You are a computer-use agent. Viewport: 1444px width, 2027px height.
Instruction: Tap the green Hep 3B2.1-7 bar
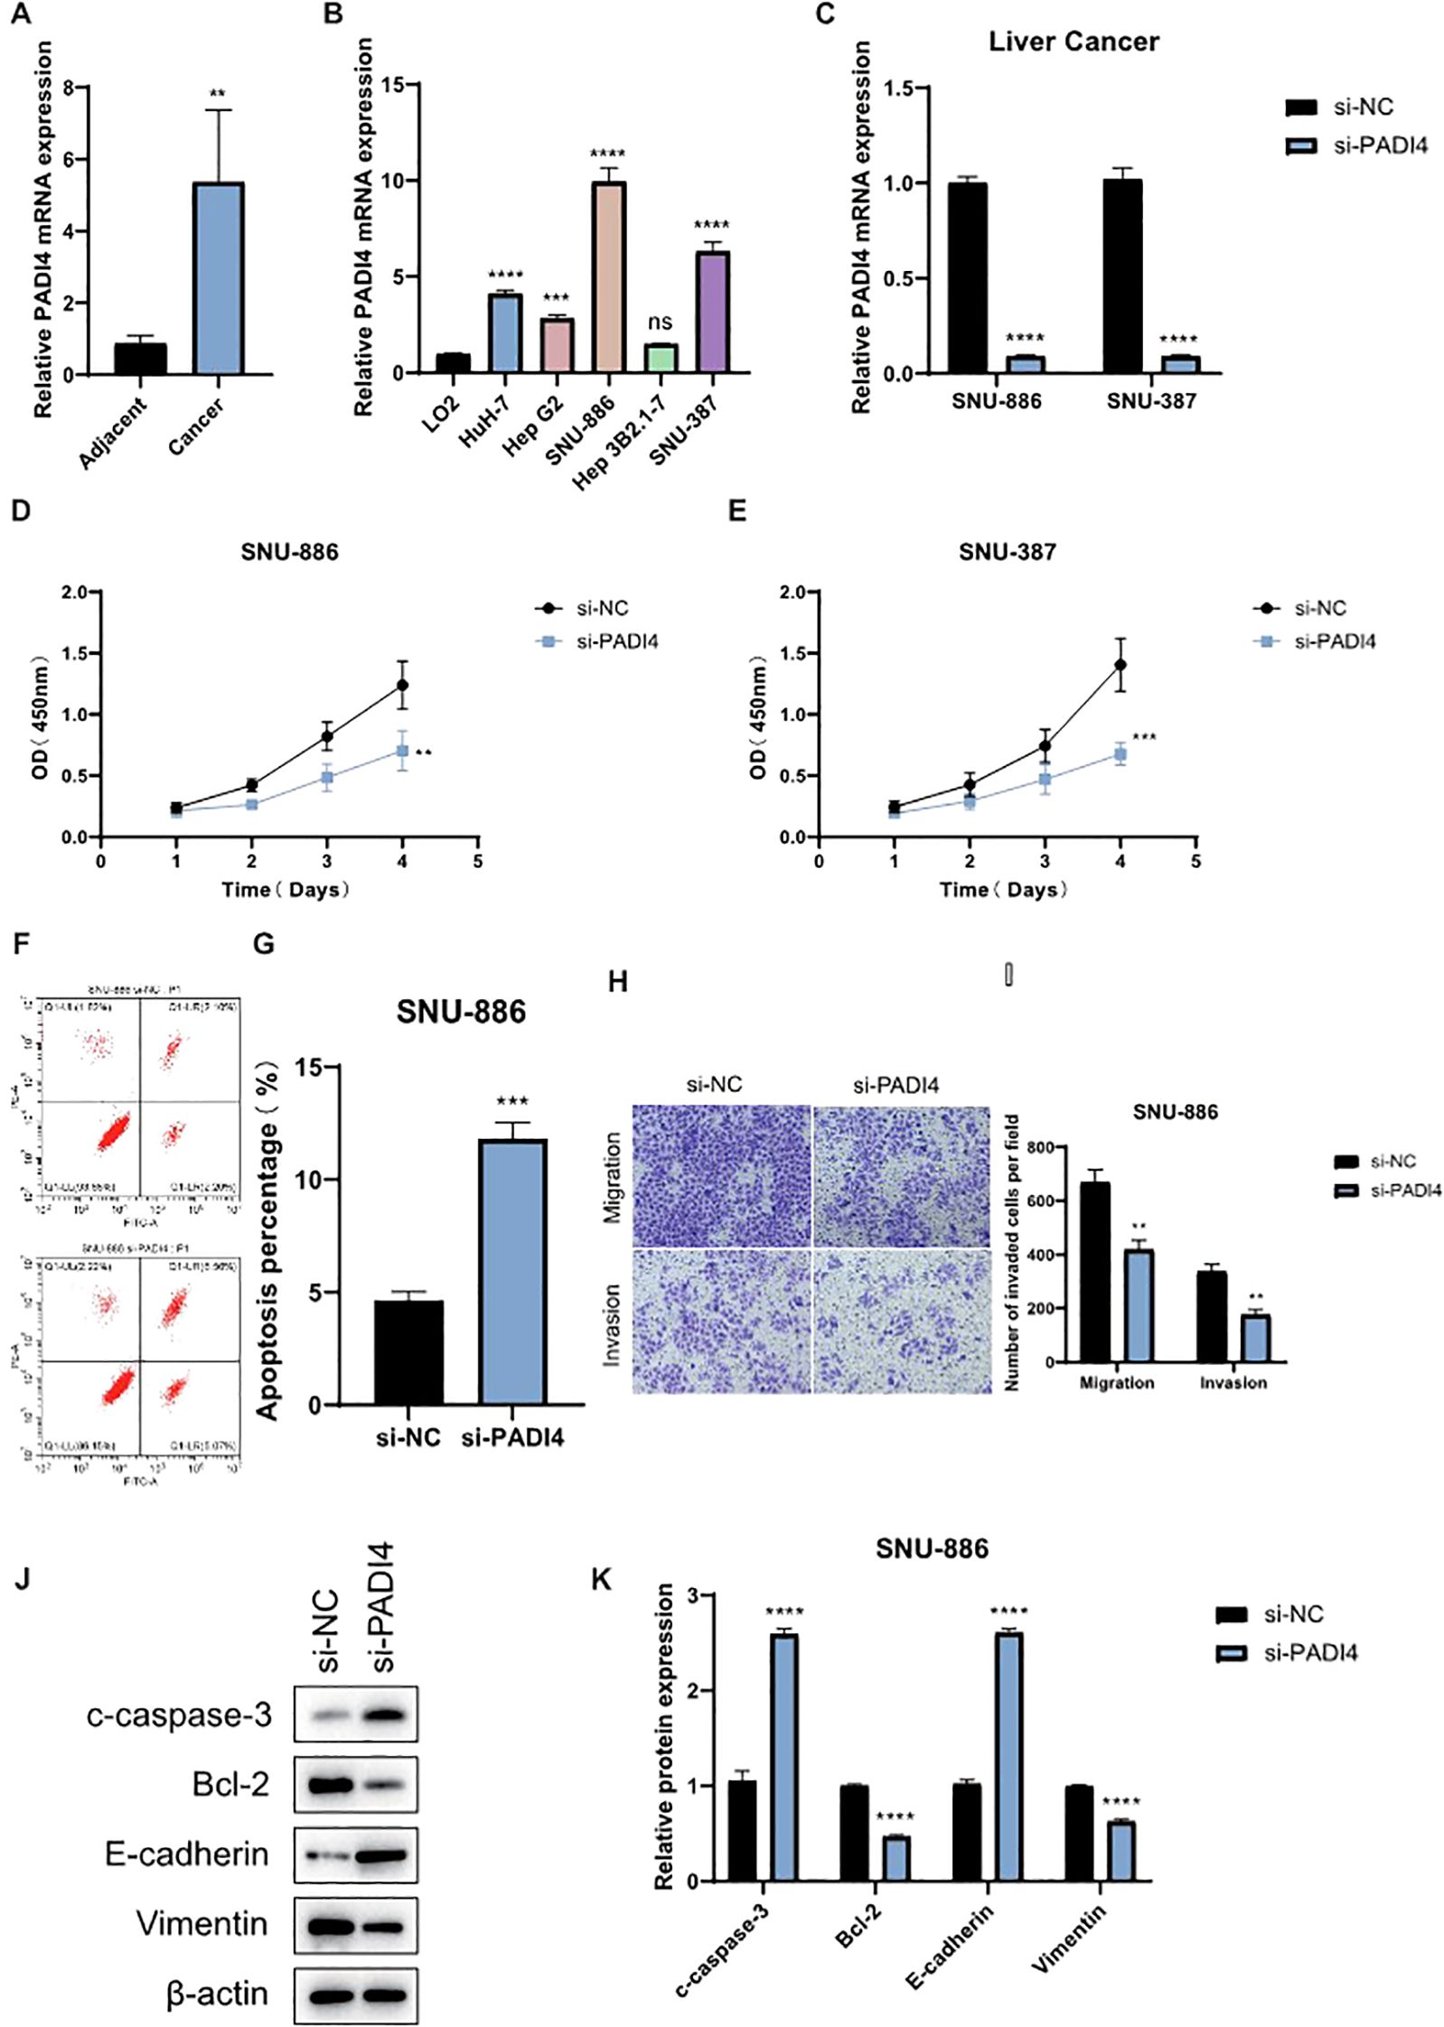[x=661, y=358]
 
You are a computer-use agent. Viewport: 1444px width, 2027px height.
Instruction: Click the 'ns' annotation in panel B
[x=660, y=322]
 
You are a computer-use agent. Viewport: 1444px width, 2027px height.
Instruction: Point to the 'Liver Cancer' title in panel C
[x=1073, y=42]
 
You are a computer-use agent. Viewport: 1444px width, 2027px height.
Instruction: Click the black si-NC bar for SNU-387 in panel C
[x=1121, y=276]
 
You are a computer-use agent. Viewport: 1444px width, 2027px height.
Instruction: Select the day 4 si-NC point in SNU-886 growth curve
[x=402, y=686]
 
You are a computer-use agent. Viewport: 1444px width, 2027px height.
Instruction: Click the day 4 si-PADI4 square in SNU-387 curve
[x=1120, y=753]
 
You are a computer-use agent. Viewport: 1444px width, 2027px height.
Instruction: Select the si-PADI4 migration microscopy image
[x=900, y=1175]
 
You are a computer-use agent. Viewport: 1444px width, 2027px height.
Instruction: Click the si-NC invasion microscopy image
[x=721, y=1321]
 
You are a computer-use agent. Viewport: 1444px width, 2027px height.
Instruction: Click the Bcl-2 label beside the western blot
[x=230, y=1784]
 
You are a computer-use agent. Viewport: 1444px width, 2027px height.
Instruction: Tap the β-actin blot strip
[x=356, y=1994]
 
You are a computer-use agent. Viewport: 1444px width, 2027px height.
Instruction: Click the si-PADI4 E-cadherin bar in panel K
[x=1008, y=1757]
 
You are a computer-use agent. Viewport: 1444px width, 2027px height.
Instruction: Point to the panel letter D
[x=20, y=511]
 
